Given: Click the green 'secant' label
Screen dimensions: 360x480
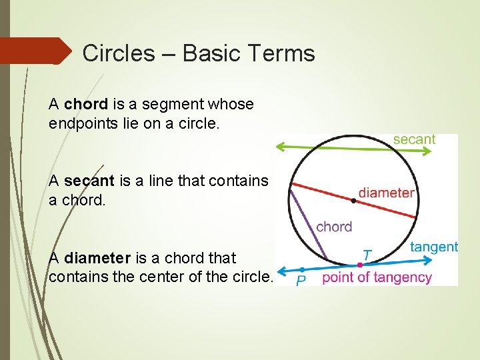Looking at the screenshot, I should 413,139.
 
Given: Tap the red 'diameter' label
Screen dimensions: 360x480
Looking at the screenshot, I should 386,193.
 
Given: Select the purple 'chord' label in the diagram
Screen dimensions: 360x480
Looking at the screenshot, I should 334,227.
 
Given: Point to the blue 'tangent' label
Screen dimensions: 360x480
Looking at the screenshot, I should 433,247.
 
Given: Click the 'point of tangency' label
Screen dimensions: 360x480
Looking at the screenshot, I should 377,277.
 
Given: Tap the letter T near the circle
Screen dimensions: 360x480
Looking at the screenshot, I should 367,255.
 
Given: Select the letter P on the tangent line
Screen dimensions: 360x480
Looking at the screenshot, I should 301,281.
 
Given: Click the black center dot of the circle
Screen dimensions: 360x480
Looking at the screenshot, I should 353,199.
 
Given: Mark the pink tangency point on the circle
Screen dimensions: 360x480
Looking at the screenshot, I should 359,265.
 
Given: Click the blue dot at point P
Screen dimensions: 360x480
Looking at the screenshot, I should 302,270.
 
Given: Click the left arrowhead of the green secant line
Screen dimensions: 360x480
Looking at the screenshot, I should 281,146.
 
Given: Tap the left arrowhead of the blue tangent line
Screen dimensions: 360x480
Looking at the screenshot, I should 281,271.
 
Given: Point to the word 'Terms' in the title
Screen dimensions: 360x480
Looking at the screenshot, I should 283,53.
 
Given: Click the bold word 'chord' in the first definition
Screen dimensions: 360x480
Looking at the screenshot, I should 87,104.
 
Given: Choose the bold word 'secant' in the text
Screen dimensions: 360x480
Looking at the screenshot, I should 89,181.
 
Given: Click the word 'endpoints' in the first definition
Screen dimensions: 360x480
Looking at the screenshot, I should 80,123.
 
